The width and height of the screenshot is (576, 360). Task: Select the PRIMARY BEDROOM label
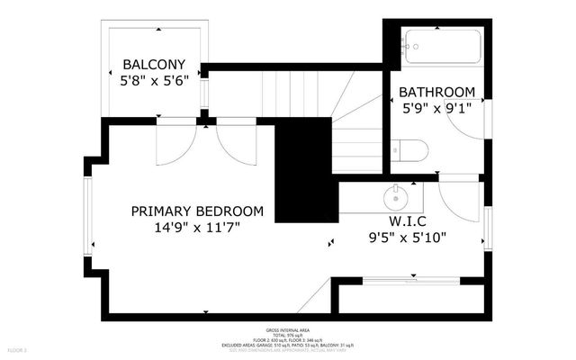coord(197,211)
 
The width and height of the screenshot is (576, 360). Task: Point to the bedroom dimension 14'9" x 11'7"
coord(197,229)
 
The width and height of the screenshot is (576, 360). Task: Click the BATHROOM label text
coord(436,92)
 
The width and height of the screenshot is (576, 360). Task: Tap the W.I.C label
coord(407,221)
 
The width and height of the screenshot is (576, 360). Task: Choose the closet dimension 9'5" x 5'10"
coord(407,238)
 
